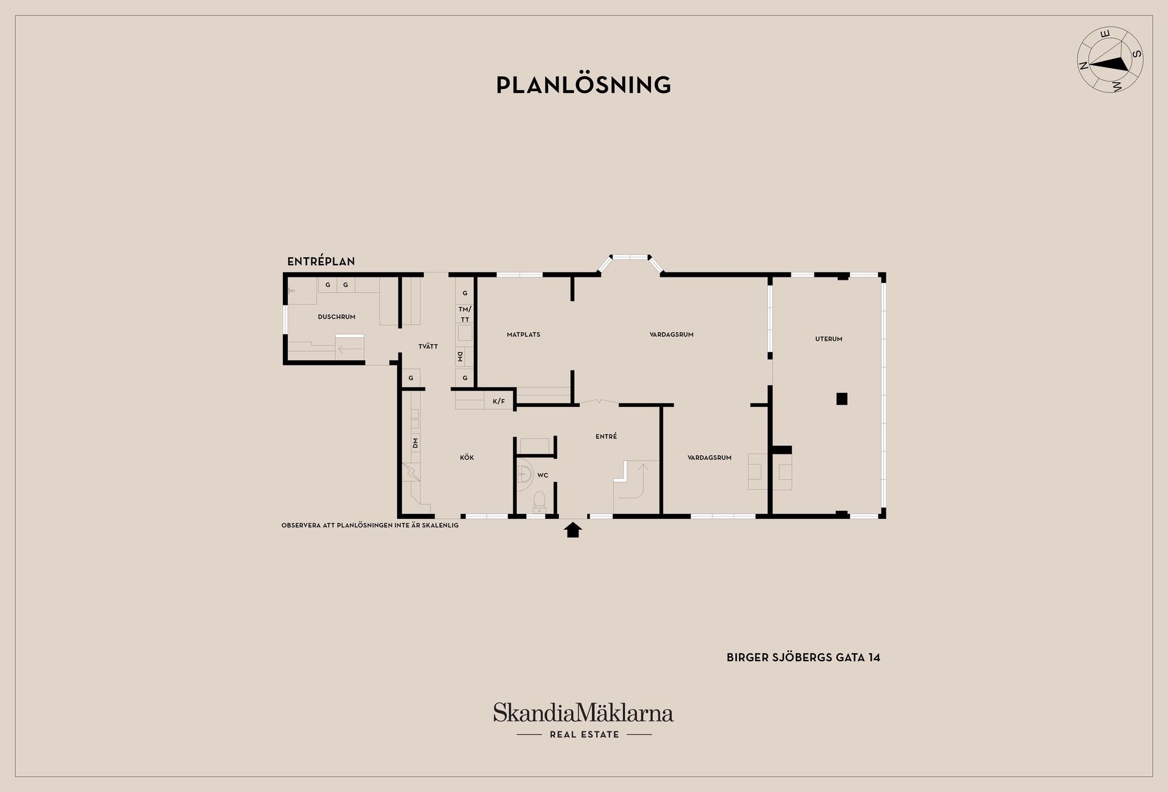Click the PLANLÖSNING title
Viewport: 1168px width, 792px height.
[583, 85]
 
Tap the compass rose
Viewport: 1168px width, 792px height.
[1110, 68]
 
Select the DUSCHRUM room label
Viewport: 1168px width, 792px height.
[336, 317]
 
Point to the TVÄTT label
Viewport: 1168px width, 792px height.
[428, 346]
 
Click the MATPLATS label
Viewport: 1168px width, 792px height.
[523, 335]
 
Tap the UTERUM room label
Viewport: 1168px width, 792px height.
[829, 339]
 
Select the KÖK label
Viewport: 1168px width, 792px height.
[467, 457]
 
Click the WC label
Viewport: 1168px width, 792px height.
[543, 475]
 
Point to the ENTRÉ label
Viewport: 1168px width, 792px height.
[607, 436]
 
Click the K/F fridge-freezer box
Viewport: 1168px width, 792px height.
[499, 401]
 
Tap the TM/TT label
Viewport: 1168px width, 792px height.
[465, 314]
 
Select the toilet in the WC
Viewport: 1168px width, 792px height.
[539, 501]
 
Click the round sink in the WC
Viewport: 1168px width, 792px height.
[524, 476]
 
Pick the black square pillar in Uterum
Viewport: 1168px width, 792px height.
[841, 399]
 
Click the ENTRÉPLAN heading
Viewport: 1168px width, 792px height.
[321, 262]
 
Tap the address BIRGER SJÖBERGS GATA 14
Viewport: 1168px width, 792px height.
[803, 658]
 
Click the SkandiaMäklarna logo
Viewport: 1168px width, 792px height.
[583, 720]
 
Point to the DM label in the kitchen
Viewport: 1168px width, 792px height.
[415, 443]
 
